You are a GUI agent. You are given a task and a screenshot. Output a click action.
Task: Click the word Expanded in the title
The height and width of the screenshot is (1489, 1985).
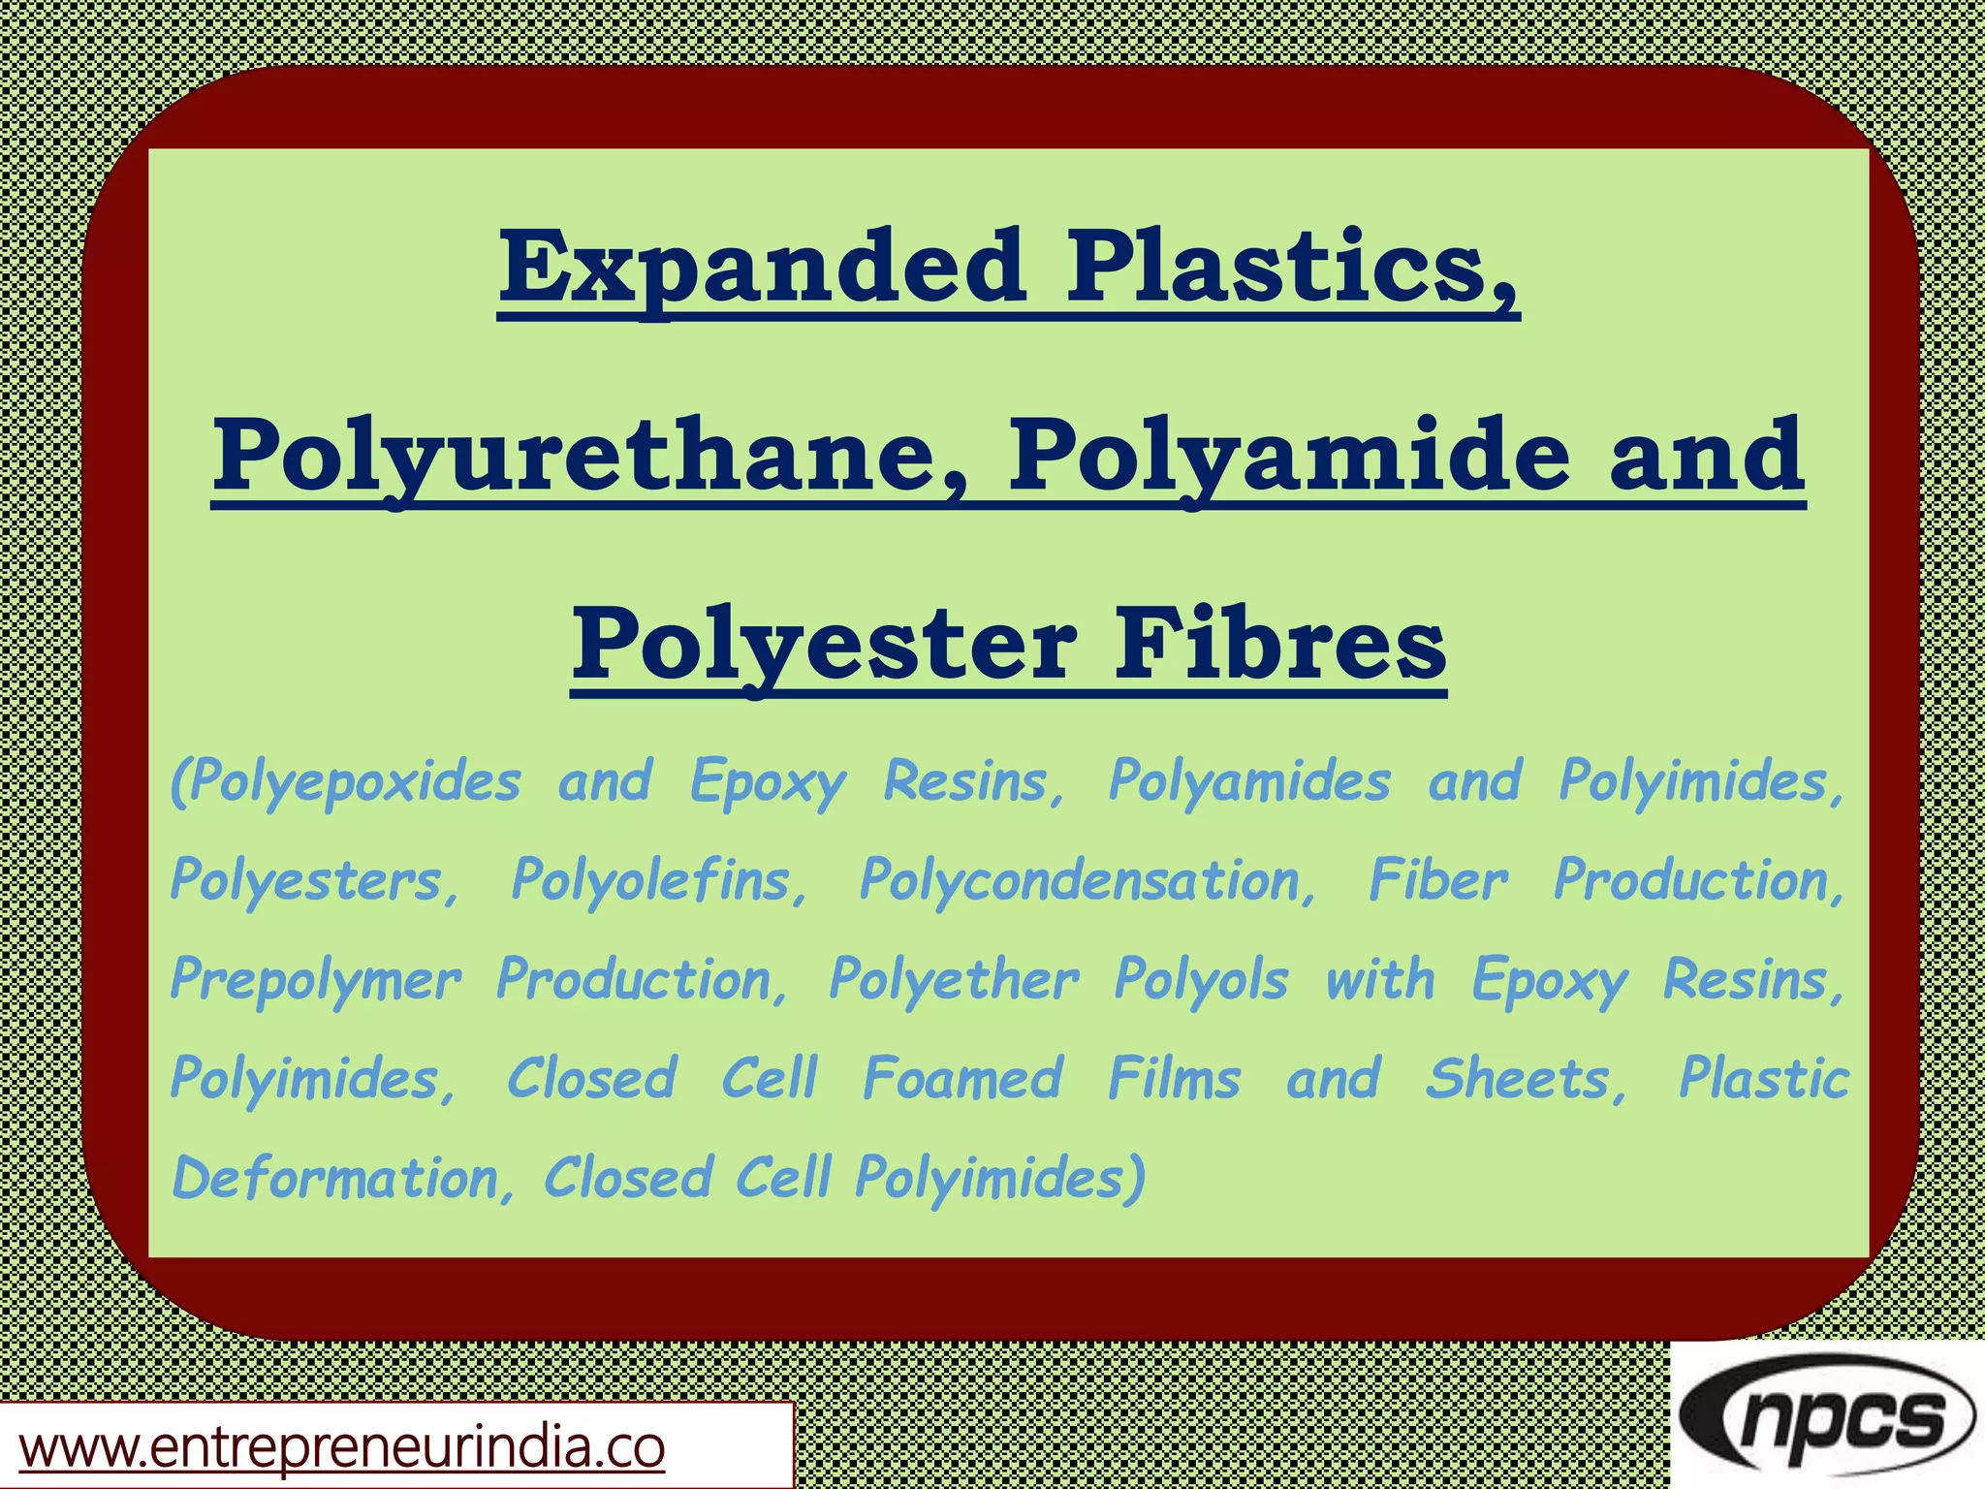(x=762, y=266)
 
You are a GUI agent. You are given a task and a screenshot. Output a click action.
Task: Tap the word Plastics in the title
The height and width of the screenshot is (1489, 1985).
(x=1292, y=266)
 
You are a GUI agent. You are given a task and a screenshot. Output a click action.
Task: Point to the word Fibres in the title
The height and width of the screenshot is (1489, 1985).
(x=1279, y=645)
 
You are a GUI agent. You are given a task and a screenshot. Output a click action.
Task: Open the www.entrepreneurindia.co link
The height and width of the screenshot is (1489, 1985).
(x=342, y=1447)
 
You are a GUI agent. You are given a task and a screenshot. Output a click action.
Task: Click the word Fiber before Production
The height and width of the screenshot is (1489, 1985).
(x=1438, y=880)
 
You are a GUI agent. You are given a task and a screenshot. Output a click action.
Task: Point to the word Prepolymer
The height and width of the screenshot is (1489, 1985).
(x=316, y=981)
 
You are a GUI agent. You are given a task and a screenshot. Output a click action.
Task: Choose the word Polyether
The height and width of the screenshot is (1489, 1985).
(x=954, y=981)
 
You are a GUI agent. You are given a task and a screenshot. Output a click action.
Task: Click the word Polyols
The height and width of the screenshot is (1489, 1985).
(x=1202, y=979)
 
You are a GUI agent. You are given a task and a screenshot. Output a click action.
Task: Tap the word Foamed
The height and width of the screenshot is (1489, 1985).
(x=963, y=1079)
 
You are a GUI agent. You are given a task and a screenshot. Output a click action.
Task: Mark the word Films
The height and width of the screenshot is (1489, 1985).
(x=1174, y=1079)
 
